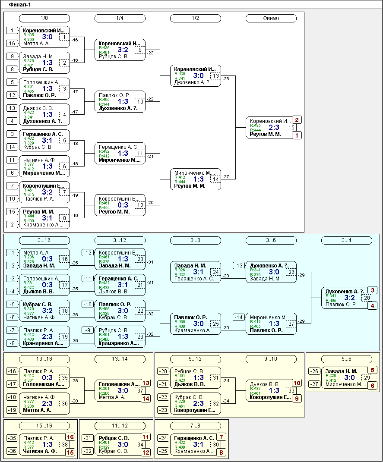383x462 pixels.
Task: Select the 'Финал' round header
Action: tap(271, 18)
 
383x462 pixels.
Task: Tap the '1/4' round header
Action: tap(120, 18)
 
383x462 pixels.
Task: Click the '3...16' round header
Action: tap(44, 240)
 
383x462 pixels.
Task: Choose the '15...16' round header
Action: tap(44, 426)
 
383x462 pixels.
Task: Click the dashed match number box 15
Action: tap(291, 128)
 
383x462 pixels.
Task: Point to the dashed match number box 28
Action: tap(367, 298)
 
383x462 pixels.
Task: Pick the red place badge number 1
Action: tap(297, 135)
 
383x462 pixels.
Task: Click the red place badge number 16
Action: tap(70, 437)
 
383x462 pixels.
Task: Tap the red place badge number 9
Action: tap(297, 399)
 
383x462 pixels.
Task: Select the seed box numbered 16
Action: tap(13, 43)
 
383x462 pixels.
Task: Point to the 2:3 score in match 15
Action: tap(274, 128)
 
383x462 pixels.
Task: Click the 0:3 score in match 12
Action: tap(123, 205)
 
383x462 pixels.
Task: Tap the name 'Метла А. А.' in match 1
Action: tap(36, 44)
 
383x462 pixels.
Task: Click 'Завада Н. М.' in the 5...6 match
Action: tap(341, 371)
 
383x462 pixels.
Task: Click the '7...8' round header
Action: tap(195, 426)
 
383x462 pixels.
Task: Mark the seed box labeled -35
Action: tap(12, 438)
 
